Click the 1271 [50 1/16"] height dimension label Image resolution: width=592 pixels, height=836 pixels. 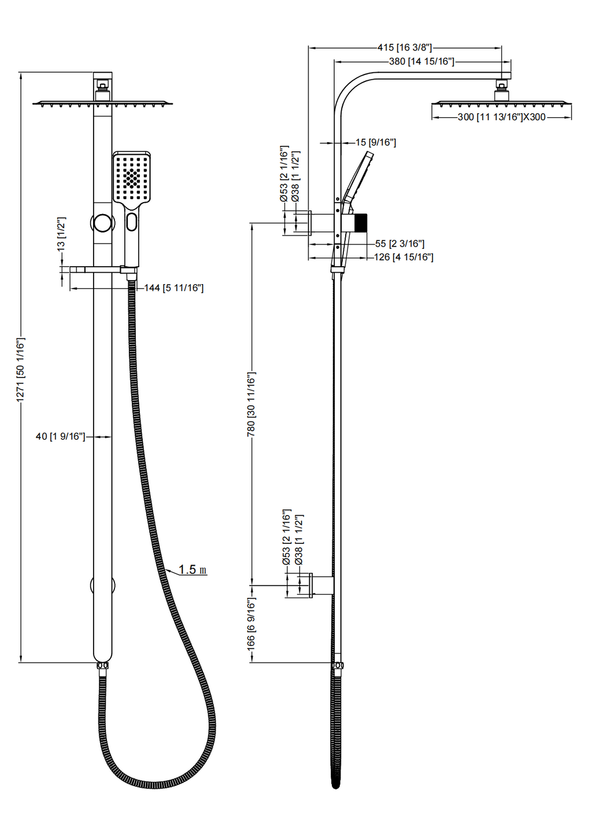pos(21,370)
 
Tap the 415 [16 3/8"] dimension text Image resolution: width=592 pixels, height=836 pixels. pos(405,47)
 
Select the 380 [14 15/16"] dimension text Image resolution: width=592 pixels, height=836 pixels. pos(421,61)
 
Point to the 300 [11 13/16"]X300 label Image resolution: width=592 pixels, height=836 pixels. pos(501,117)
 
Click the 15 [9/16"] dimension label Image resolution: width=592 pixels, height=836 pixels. pos(375,142)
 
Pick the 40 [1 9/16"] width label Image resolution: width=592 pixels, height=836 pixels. pos(60,436)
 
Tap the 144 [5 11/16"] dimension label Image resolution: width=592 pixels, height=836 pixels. pos(173,288)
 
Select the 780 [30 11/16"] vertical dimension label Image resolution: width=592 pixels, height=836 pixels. pos(251,404)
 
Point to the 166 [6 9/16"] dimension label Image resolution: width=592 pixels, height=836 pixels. pos(251,624)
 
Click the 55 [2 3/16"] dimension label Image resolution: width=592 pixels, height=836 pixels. pos(399,244)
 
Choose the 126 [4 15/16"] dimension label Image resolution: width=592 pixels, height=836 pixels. pos(404,257)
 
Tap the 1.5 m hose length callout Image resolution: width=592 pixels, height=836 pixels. pos(192,570)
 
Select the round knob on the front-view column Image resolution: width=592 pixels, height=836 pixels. pos(102,222)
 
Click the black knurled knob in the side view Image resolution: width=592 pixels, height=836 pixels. pos(360,222)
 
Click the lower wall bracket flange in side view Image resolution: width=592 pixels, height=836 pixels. pos(312,585)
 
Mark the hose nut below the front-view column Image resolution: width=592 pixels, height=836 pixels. pos(102,666)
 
